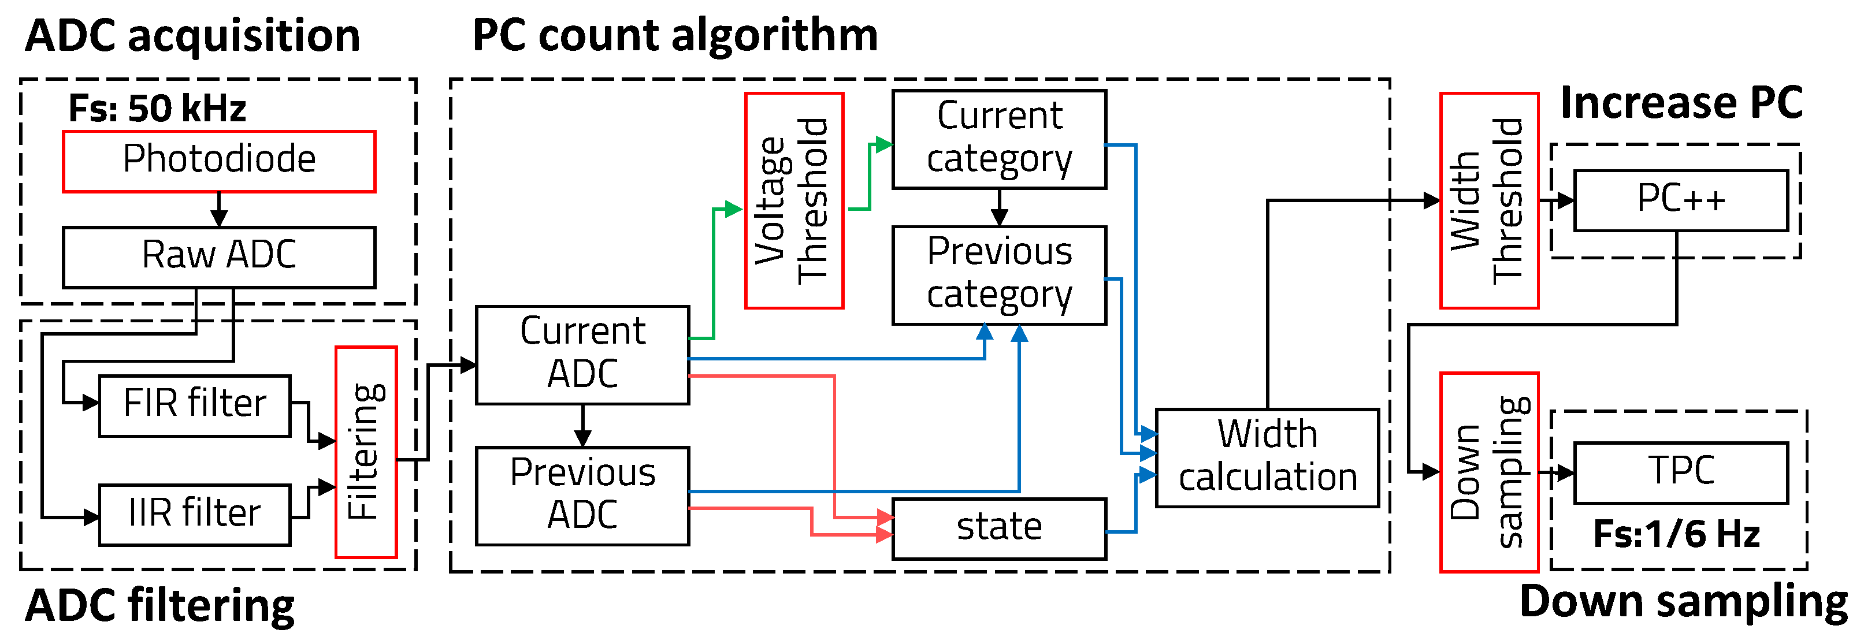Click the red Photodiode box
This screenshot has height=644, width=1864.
218,161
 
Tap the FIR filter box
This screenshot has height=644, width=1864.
195,405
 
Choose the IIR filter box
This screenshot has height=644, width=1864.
195,513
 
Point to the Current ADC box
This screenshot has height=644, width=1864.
582,355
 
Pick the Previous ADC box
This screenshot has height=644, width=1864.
582,495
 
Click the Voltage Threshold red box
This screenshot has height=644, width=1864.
794,200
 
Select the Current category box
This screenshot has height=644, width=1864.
998,139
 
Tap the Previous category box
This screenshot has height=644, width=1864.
998,275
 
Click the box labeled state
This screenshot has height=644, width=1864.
998,528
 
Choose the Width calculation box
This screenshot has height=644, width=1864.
1267,457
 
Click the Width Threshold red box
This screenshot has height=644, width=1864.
1488,200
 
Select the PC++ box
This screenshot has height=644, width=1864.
1680,200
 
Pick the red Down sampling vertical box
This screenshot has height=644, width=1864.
1488,472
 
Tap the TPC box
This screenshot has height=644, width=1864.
1680,472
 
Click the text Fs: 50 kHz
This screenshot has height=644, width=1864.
157,109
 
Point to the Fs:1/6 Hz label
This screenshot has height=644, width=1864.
1676,535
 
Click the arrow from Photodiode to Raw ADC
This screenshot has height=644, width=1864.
219,210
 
